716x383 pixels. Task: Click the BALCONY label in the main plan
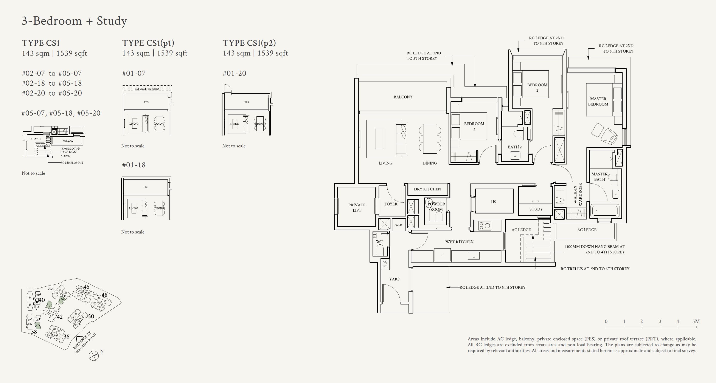pos(403,97)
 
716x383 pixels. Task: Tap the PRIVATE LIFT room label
pos(357,207)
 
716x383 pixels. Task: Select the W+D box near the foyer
pos(399,225)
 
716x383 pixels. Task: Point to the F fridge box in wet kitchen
pos(442,255)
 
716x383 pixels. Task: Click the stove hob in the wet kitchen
pos(485,226)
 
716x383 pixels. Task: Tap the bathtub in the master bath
pos(605,211)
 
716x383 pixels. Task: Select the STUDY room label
pos(536,209)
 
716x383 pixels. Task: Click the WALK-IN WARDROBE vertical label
pos(577,195)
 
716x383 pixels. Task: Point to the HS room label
pos(493,202)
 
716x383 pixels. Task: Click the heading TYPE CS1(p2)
pos(249,43)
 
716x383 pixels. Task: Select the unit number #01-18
pos(134,165)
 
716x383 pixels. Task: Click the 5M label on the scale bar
pos(696,321)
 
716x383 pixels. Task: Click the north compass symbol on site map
pos(94,355)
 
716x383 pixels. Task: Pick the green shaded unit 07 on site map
pos(37,326)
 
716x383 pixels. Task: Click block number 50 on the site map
pos(91,316)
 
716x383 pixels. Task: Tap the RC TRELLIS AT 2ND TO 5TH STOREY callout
pos(595,269)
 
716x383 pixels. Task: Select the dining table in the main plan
pos(430,139)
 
